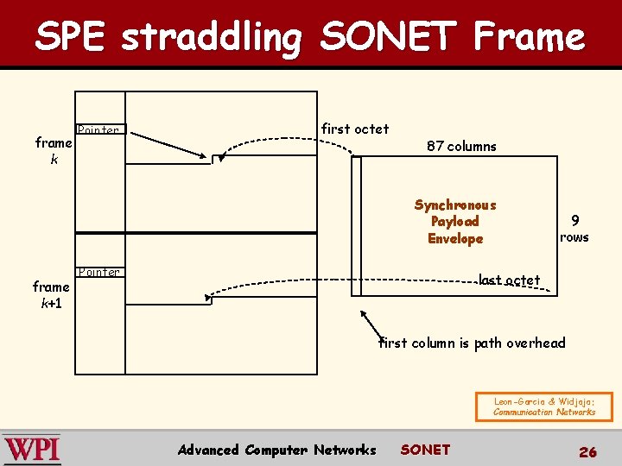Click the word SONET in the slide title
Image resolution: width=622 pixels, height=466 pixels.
[x=388, y=37]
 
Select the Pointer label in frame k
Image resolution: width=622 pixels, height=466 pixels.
[x=98, y=130]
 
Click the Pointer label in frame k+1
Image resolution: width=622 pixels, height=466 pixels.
[x=98, y=273]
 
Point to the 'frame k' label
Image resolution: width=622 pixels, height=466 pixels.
[x=53, y=151]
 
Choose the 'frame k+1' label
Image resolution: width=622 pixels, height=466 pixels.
[x=51, y=294]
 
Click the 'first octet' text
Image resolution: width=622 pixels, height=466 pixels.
[x=354, y=129]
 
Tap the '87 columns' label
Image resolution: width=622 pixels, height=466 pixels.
[x=461, y=146]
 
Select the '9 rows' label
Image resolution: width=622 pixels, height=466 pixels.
[x=574, y=229]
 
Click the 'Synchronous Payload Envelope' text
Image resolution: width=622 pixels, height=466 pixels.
[x=455, y=222]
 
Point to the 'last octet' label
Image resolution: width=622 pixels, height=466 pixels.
[x=510, y=280]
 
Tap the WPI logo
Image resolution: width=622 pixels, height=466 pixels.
[x=32, y=450]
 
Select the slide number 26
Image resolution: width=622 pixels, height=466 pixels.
[x=587, y=451]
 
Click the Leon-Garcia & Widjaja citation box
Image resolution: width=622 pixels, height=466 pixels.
[x=544, y=406]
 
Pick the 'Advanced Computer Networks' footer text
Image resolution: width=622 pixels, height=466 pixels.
[x=276, y=450]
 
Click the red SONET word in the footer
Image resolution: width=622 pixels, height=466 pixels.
[x=425, y=449]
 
